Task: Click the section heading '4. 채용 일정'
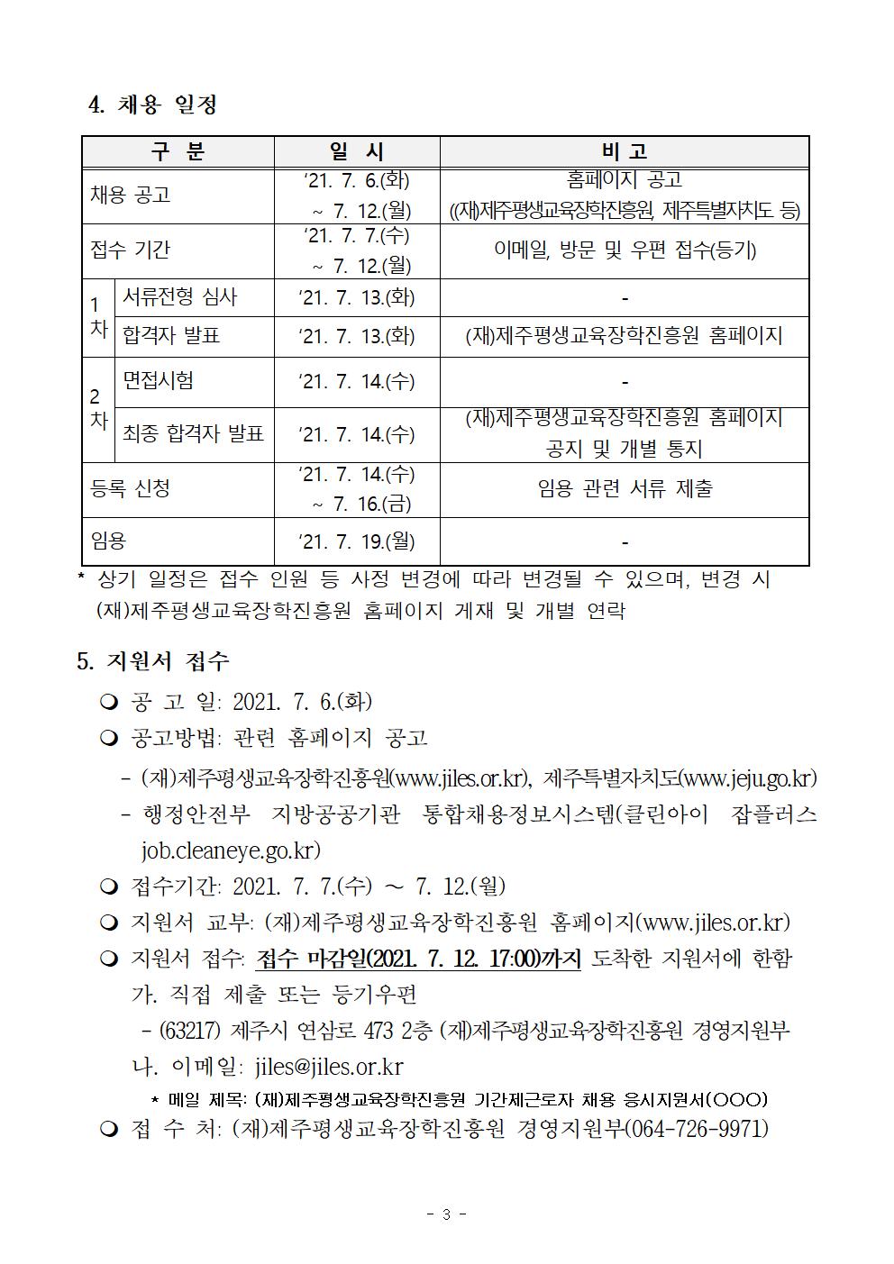coord(153,105)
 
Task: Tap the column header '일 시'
coord(357,151)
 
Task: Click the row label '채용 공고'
coord(131,195)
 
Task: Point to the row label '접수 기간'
coord(131,250)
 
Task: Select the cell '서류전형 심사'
coord(180,296)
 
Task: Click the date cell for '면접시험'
coord(357,382)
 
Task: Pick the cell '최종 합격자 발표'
coord(193,434)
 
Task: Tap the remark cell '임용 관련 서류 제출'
coord(625,488)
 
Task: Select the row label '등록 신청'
coord(131,488)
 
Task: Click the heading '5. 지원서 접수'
coord(153,661)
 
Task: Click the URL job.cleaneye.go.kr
coord(231,850)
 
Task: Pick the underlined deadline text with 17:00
coord(419,958)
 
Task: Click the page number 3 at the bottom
coord(446,1214)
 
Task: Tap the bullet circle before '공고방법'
coord(109,739)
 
